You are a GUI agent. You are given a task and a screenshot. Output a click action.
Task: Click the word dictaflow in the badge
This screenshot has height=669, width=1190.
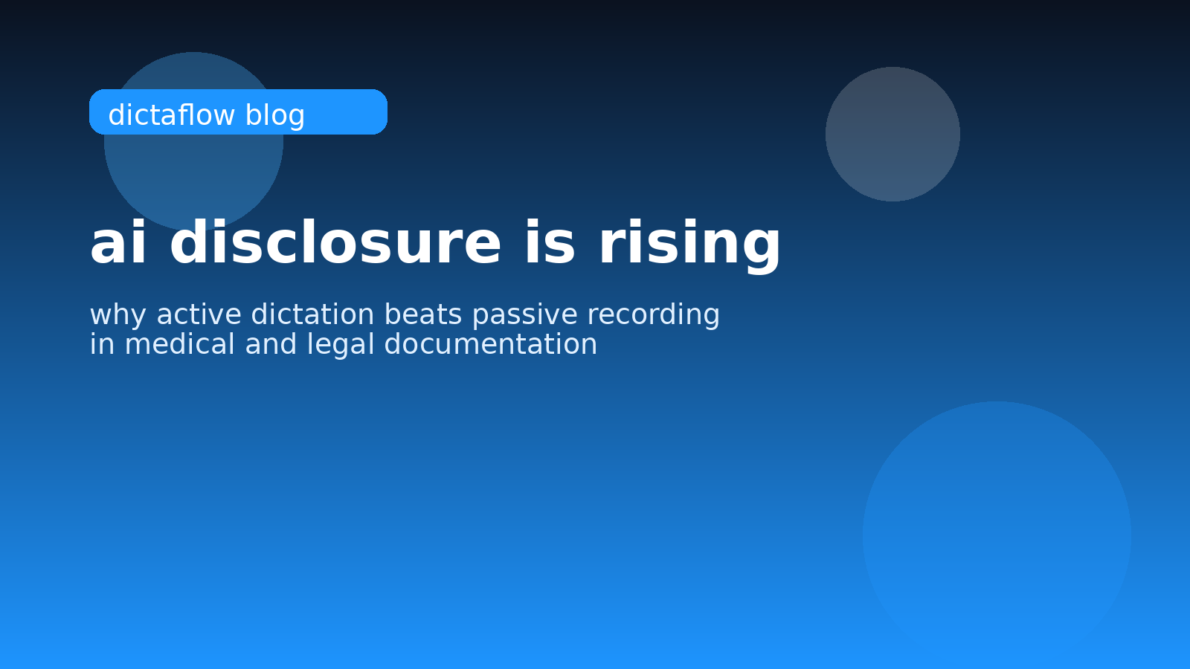click(172, 114)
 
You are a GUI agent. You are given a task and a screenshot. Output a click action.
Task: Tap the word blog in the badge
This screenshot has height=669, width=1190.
click(275, 116)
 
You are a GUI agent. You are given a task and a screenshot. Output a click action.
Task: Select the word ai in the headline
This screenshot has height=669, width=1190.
click(118, 242)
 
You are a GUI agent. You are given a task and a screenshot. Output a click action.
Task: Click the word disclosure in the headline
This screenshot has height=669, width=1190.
click(335, 242)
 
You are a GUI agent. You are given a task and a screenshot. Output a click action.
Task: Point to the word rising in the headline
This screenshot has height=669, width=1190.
click(690, 246)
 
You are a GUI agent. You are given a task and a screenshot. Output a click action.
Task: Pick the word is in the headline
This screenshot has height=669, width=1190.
click(550, 242)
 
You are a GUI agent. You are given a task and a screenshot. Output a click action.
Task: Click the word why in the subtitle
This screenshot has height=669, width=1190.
click(118, 315)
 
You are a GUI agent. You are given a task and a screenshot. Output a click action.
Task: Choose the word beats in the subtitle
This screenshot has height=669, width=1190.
click(423, 314)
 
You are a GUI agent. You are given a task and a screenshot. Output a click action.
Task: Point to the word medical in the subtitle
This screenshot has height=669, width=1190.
click(179, 344)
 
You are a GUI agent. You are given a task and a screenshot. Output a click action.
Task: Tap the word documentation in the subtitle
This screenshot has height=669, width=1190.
click(491, 344)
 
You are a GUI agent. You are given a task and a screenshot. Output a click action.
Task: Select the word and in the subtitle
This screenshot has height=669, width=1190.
click(271, 344)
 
